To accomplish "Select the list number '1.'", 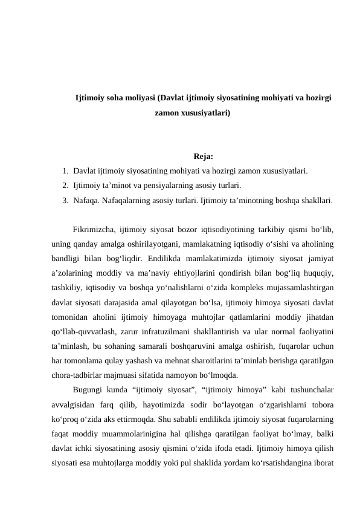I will pos(65,170).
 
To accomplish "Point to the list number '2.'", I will pos(65,185).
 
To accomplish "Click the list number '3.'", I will pos(65,199).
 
